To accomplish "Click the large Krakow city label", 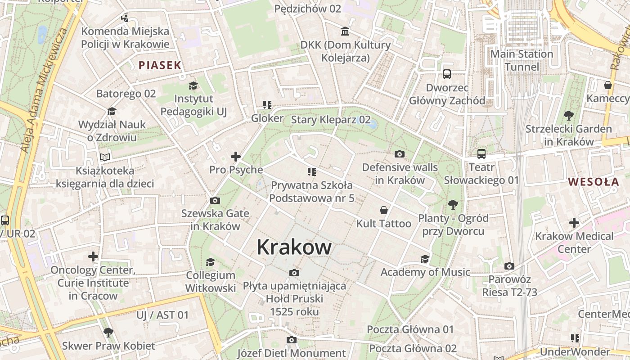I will click(294, 247).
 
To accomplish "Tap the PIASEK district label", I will click(160, 65).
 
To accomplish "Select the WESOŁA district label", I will click(593, 182).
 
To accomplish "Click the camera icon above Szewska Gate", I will click(215, 200).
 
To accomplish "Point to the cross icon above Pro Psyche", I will click(235, 157).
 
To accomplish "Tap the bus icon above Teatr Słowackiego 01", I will click(481, 154).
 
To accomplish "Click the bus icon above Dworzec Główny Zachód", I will click(447, 74).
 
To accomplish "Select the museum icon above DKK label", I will click(345, 31).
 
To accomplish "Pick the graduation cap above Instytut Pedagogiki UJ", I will click(193, 85).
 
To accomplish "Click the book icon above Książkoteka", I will click(105, 157).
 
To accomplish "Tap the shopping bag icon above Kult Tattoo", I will click(384, 210).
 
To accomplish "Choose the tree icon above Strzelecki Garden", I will click(569, 115).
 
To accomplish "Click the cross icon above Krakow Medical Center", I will click(574, 223).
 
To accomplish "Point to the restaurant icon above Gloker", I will click(267, 105).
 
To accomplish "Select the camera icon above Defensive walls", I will click(399, 154).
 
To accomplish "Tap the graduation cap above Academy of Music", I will click(425, 259).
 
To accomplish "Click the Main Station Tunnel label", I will click(522, 60).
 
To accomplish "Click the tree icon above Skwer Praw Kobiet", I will click(108, 333).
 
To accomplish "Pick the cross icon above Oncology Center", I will click(93, 256).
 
